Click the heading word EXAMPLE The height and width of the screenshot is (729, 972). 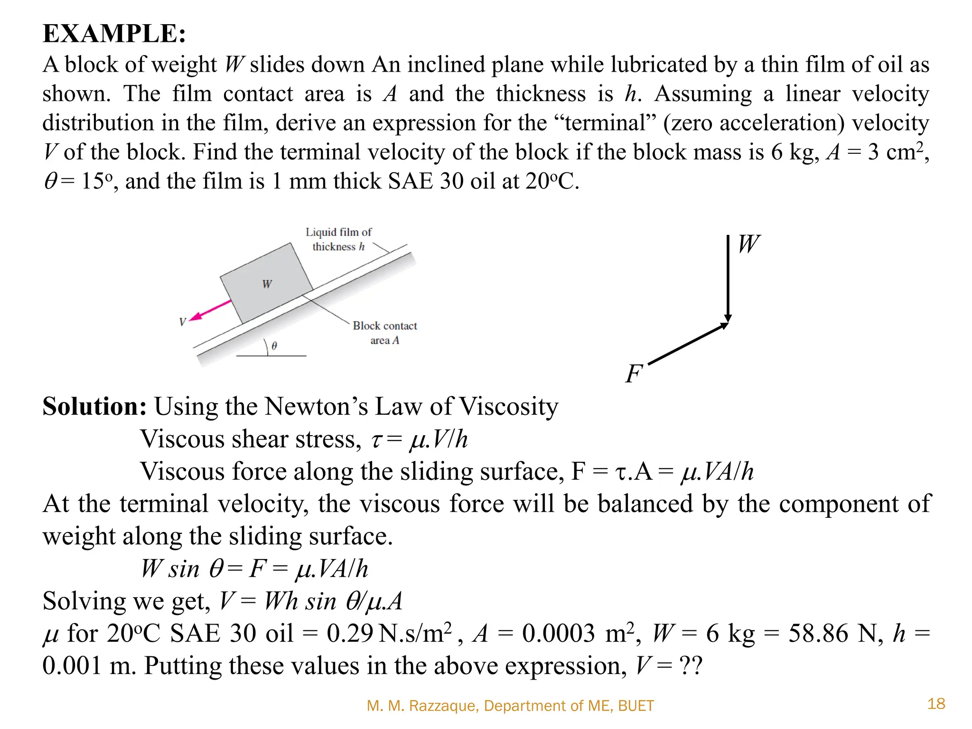click(x=114, y=34)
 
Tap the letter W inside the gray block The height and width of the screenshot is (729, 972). click(x=267, y=284)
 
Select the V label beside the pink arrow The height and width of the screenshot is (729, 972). click(x=183, y=322)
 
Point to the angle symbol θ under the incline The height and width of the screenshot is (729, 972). click(x=274, y=346)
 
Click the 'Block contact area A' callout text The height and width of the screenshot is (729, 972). click(x=384, y=333)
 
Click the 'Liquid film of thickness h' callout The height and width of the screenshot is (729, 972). click(x=338, y=239)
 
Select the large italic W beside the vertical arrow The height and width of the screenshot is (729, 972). click(x=749, y=244)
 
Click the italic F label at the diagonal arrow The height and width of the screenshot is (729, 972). click(x=634, y=374)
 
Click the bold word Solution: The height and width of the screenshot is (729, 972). click(x=94, y=407)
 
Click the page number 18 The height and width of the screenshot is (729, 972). click(x=936, y=703)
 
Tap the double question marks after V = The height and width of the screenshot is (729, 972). click(x=691, y=666)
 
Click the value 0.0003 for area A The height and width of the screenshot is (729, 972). click(x=558, y=634)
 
